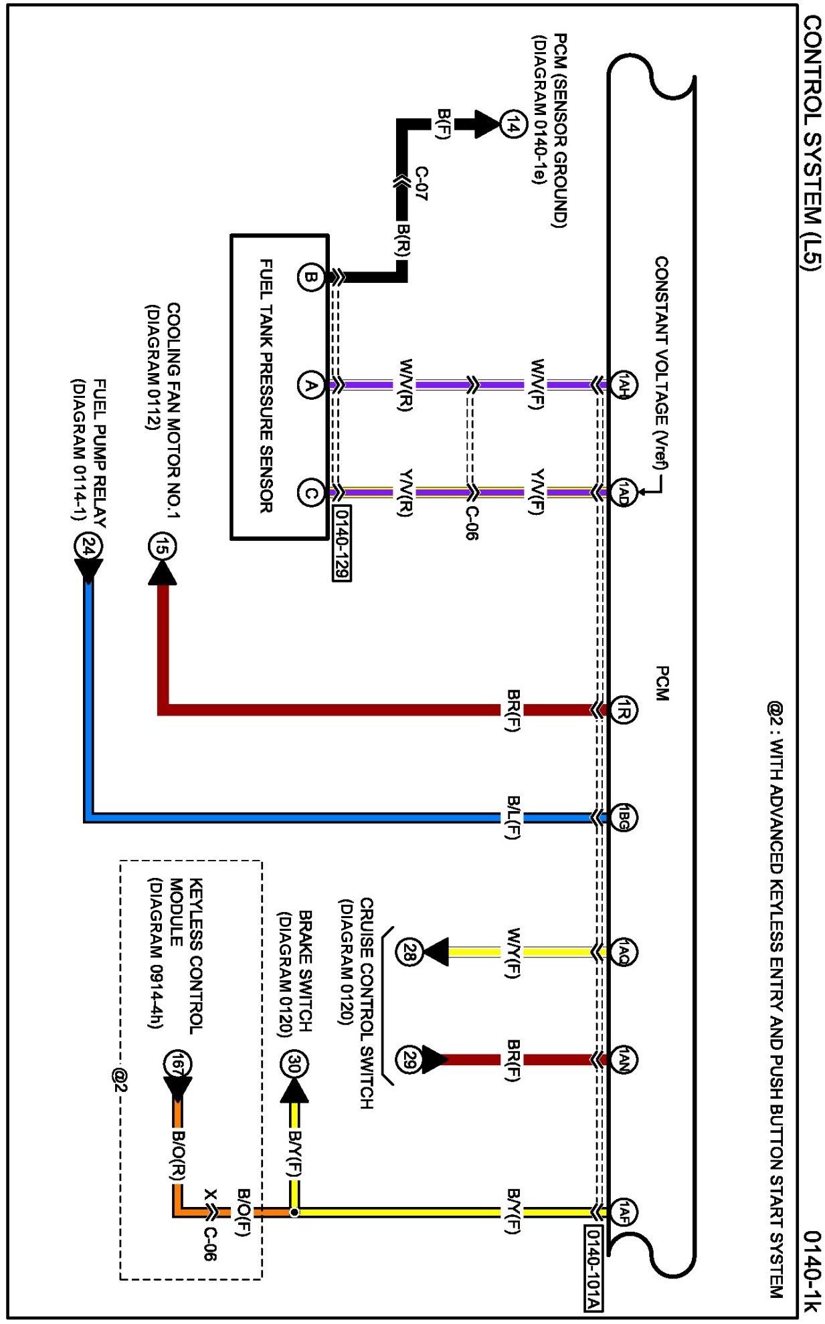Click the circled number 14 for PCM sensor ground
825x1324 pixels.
512,124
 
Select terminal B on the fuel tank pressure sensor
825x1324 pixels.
310,277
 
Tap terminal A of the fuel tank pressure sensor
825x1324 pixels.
310,385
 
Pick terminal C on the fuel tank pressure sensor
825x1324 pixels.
310,493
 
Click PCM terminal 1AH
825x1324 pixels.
624,385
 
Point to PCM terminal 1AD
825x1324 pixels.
624,493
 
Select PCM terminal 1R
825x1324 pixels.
624,710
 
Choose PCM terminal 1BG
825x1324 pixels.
624,818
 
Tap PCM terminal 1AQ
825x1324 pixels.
624,952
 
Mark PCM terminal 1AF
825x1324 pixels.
624,1211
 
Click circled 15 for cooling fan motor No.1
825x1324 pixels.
161,547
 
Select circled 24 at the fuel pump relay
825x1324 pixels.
88,547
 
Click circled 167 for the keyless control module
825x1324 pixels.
178,1064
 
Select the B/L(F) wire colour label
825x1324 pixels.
513,817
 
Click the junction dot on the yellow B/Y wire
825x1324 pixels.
294,1212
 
